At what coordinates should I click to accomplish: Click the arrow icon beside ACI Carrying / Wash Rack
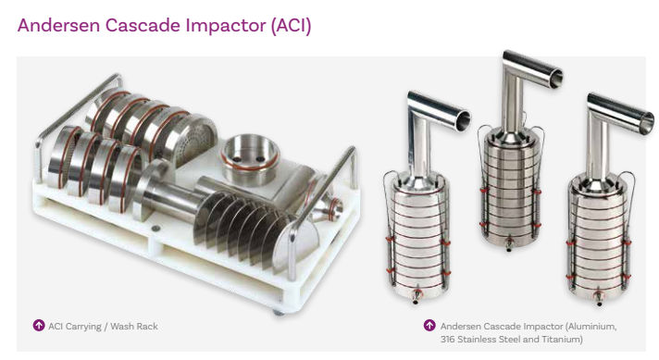point(39,325)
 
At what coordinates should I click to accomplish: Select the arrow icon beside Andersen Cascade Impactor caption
point(429,325)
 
